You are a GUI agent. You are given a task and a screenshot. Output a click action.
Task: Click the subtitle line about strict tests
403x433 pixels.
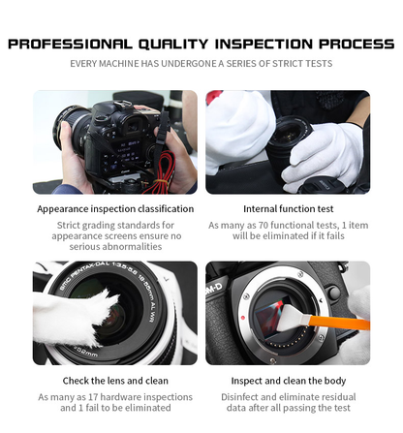(x=201, y=64)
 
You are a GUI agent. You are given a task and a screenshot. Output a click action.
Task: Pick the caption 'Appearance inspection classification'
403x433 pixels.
(x=115, y=208)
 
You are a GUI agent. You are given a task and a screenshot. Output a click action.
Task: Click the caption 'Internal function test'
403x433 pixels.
(x=288, y=208)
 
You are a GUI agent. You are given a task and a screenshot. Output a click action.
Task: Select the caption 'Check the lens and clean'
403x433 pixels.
(x=115, y=380)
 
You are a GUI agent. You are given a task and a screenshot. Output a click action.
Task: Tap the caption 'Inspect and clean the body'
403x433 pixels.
(x=288, y=380)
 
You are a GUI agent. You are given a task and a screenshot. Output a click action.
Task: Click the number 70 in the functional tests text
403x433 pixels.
(x=256, y=225)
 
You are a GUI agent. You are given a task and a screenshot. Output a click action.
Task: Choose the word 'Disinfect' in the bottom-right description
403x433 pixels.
(x=239, y=397)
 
